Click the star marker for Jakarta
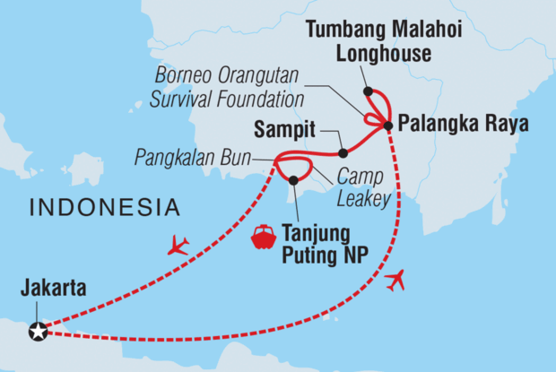click(x=37, y=332)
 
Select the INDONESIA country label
click(x=104, y=208)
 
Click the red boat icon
click(x=263, y=237)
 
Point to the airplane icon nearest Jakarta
click(x=178, y=245)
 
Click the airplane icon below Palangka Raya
click(x=394, y=281)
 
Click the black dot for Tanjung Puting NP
click(x=293, y=180)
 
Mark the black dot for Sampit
click(x=343, y=153)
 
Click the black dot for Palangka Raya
click(x=387, y=125)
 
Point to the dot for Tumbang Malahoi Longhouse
click(x=368, y=91)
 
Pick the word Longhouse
click(x=384, y=54)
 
